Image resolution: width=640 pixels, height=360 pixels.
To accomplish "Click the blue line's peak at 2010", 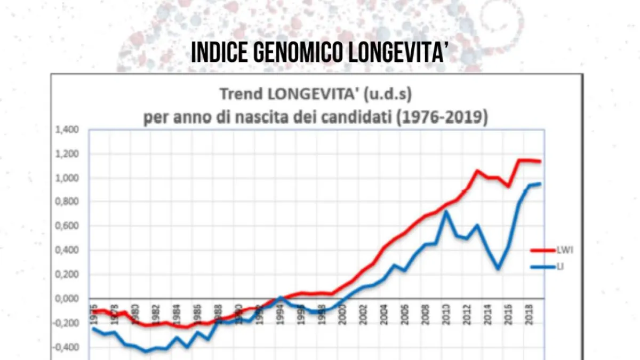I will [x=446, y=212].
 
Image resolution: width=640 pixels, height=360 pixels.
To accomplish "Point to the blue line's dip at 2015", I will [x=498, y=268].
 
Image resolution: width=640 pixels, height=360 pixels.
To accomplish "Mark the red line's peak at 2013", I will [x=477, y=171].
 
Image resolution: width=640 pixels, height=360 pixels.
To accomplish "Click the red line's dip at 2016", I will [x=509, y=186].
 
